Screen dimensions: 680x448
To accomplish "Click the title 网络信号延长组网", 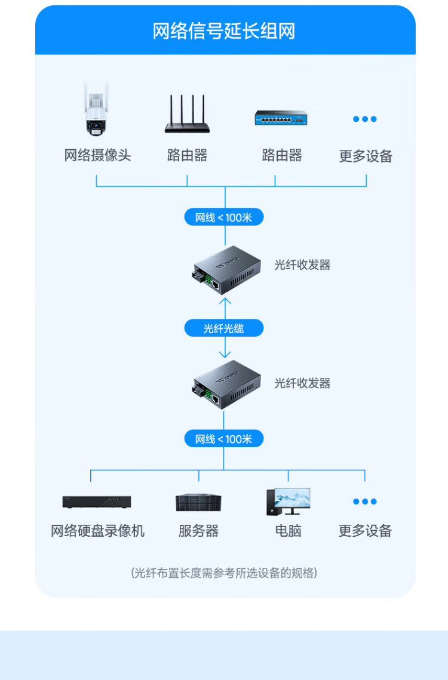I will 224,30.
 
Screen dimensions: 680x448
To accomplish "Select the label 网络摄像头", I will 97,156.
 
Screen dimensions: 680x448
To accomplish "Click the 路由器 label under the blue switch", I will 281,156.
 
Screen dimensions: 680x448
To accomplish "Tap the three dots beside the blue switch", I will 365,119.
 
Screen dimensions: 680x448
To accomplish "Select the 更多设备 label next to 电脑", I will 365,531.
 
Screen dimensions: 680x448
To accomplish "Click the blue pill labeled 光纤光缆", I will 224,328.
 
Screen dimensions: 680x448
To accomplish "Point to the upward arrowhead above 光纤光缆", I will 225,300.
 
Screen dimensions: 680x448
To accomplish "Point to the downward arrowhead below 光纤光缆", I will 225,355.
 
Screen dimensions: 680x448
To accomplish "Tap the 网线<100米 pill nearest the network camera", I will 224,217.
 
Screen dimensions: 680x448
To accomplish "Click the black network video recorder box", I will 97,502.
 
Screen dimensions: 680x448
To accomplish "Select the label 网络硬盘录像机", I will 97,531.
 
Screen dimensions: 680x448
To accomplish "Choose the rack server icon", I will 199,502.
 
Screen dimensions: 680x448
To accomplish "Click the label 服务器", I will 199,531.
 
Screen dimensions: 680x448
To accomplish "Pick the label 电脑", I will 288,531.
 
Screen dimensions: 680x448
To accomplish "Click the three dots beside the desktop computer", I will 365,501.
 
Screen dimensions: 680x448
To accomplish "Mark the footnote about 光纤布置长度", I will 224,573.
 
